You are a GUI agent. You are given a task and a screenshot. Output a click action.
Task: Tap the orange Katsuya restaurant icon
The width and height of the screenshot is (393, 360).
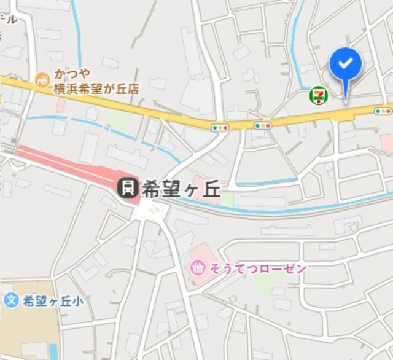(42, 80)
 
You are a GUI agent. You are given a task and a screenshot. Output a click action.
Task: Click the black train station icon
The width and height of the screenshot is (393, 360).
(128, 187)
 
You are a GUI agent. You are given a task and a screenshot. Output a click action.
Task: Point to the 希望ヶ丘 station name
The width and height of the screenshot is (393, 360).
(181, 189)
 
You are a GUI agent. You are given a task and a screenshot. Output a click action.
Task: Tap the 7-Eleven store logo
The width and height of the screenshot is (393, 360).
(318, 95)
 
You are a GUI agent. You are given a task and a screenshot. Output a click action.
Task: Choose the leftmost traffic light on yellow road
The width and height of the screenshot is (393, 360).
(220, 127)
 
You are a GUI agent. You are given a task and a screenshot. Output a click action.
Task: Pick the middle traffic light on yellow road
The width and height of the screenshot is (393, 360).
(263, 125)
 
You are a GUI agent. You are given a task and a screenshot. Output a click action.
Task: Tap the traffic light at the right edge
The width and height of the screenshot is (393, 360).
(383, 111)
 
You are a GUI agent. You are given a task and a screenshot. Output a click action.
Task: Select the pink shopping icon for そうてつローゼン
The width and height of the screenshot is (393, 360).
(198, 268)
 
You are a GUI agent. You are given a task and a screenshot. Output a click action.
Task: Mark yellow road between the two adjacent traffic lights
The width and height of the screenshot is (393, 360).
(241, 126)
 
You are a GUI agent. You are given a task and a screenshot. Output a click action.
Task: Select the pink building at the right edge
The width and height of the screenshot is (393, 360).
(387, 143)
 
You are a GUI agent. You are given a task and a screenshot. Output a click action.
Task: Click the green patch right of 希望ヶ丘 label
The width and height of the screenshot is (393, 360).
(227, 198)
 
